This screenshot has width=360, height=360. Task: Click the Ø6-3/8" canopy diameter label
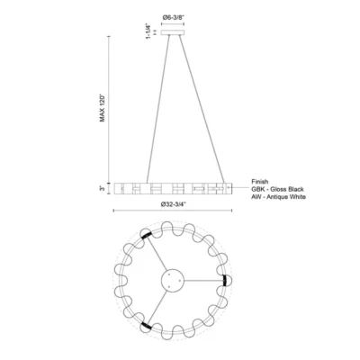click(173, 17)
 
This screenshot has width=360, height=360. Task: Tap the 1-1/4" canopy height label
click(148, 31)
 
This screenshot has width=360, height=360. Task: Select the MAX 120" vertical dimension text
click(103, 108)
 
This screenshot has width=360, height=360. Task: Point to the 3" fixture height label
click(103, 188)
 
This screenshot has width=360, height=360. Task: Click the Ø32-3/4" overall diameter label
click(174, 204)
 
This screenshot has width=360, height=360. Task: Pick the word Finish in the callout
click(260, 182)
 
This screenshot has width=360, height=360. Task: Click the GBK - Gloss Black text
click(277, 189)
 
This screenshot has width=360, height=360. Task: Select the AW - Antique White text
click(279, 197)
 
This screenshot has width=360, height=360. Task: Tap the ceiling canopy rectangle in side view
click(173, 32)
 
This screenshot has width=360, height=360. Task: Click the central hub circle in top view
click(173, 280)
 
